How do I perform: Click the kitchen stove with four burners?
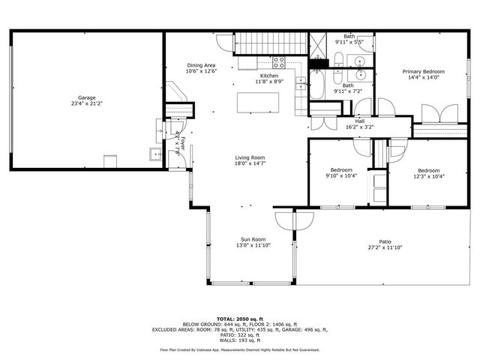click(279, 62)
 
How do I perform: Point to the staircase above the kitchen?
click(271, 44)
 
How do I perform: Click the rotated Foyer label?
click(177, 140)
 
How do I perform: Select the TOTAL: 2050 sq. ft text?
click(239, 319)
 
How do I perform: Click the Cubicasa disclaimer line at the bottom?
click(239, 349)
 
